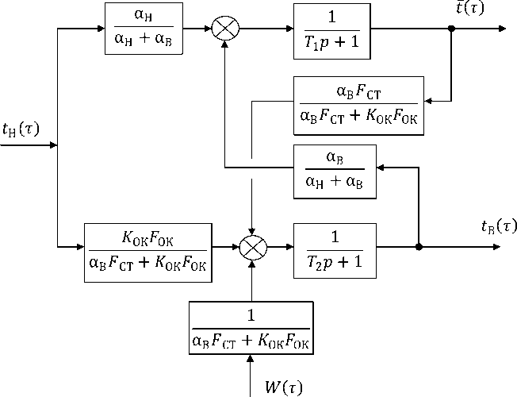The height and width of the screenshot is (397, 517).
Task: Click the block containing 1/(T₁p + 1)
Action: point(331,29)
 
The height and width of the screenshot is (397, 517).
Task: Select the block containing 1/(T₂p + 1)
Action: point(335,247)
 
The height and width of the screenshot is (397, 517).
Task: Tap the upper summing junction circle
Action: point(226,29)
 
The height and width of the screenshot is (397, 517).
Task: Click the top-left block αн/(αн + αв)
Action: point(144,29)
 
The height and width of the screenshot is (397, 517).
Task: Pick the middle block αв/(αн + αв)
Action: point(335,171)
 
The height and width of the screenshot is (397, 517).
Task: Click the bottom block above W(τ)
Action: point(251,328)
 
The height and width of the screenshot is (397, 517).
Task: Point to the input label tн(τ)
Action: point(21,129)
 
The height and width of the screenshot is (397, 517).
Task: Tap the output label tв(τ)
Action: point(498,226)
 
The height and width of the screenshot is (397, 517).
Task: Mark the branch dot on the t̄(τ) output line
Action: point(451,29)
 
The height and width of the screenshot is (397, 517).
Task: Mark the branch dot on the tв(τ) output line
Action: point(419,247)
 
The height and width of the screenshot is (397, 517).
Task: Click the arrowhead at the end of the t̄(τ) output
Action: point(502,29)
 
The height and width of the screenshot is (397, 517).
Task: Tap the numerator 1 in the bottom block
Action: point(251,316)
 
